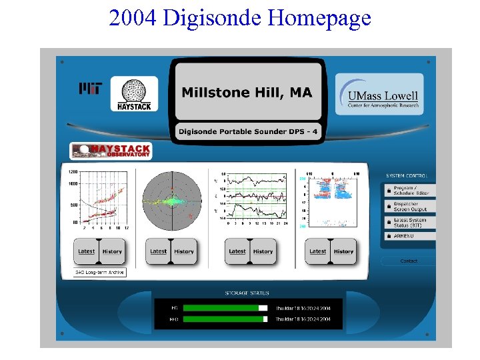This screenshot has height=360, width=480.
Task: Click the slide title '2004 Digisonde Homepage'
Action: (240, 17)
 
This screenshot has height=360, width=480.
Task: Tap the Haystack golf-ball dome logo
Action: (134, 94)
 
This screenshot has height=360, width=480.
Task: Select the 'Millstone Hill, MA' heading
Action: (247, 93)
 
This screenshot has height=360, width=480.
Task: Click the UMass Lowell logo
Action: (379, 94)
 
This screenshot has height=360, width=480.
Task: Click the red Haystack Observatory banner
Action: (111, 151)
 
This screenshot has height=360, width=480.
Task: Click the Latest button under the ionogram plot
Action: (87, 251)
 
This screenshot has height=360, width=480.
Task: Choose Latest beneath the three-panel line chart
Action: (237, 251)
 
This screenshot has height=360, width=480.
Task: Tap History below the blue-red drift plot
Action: (343, 251)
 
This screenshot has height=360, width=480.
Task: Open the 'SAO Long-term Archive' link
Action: (99, 272)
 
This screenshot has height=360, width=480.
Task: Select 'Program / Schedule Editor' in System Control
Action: (410, 190)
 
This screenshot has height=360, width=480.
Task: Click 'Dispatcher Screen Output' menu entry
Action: (410, 207)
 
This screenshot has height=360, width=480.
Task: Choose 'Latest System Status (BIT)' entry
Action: (410, 223)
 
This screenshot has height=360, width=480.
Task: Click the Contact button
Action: (409, 261)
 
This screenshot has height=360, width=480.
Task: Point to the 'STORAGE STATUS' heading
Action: (247, 293)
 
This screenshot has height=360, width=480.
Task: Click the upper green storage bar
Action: (221, 308)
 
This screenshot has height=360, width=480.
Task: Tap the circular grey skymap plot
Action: (171, 200)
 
